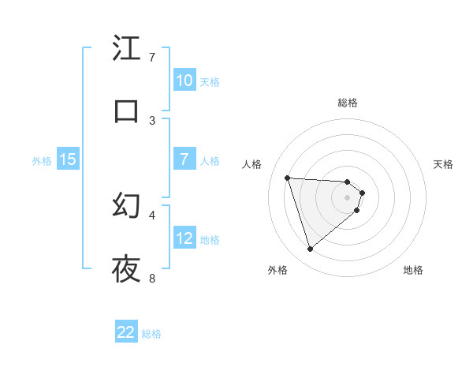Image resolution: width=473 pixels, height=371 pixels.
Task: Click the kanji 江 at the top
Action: click(126, 49)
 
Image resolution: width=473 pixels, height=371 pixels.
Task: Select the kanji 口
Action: click(126, 111)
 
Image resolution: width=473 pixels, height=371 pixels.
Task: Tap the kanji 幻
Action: click(126, 206)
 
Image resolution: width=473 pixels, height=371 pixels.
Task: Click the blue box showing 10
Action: click(184, 81)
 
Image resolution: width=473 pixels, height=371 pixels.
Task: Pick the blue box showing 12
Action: click(184, 238)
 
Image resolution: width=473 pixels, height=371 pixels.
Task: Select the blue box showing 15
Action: click(68, 160)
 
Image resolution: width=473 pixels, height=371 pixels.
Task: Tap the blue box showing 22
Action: click(126, 332)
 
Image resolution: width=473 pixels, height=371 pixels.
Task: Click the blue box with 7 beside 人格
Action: click(184, 159)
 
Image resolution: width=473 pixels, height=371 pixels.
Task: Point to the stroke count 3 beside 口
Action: click(152, 120)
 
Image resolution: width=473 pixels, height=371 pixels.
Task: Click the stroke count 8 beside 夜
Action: click(152, 278)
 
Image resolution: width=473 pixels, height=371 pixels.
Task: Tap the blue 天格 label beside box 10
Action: click(210, 81)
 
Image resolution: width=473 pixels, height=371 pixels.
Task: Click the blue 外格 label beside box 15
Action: click(42, 161)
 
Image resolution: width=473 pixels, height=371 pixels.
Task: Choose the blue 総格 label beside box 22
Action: click(151, 333)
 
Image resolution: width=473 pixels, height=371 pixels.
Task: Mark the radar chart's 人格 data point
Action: click(288, 178)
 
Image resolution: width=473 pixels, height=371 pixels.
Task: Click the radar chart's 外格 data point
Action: click(310, 249)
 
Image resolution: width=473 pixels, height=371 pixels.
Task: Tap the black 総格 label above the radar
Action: click(348, 103)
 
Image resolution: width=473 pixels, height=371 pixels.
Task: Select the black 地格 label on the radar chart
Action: click(413, 270)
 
